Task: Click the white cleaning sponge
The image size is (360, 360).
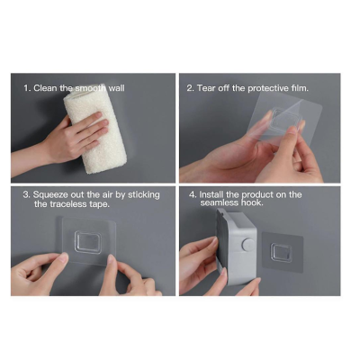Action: [x=94, y=129]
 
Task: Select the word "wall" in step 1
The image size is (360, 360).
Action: [x=116, y=88]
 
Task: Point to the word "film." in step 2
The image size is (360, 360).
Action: [x=300, y=88]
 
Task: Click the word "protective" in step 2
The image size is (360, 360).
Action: [x=268, y=88]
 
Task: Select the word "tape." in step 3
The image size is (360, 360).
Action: [x=100, y=204]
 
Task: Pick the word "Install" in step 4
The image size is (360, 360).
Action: [x=211, y=194]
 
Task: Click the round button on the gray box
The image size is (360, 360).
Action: [x=247, y=245]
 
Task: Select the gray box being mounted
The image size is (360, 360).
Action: [x=237, y=246]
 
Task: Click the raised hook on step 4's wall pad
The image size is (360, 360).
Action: [x=282, y=252]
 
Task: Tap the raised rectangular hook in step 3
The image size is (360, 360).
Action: [x=88, y=242]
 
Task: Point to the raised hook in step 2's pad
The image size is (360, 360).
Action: [x=285, y=120]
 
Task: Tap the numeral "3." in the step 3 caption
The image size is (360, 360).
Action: [x=27, y=195]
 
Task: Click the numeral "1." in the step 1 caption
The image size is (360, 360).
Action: [x=27, y=88]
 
